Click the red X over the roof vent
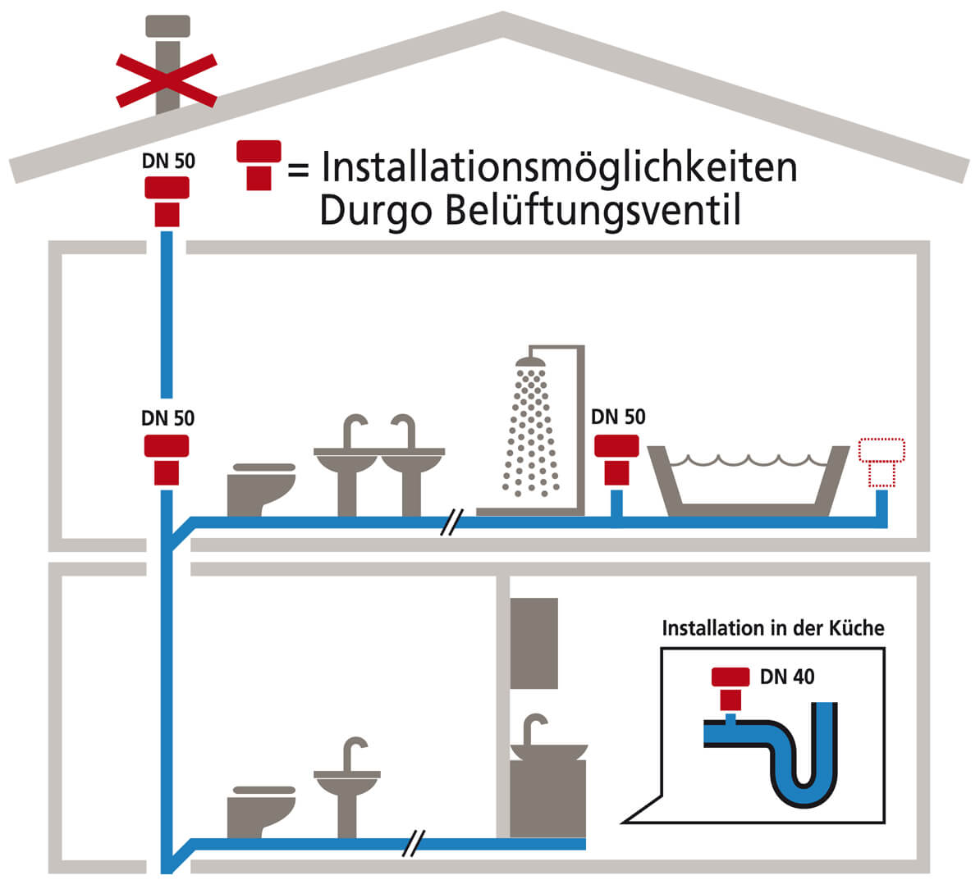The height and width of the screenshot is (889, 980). (167, 80)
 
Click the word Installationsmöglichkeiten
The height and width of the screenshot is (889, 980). (559, 167)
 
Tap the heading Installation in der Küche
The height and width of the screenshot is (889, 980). (773, 628)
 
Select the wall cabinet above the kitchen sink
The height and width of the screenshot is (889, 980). (534, 643)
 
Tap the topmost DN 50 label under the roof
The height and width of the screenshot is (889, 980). (168, 161)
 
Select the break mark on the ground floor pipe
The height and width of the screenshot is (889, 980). (416, 844)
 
